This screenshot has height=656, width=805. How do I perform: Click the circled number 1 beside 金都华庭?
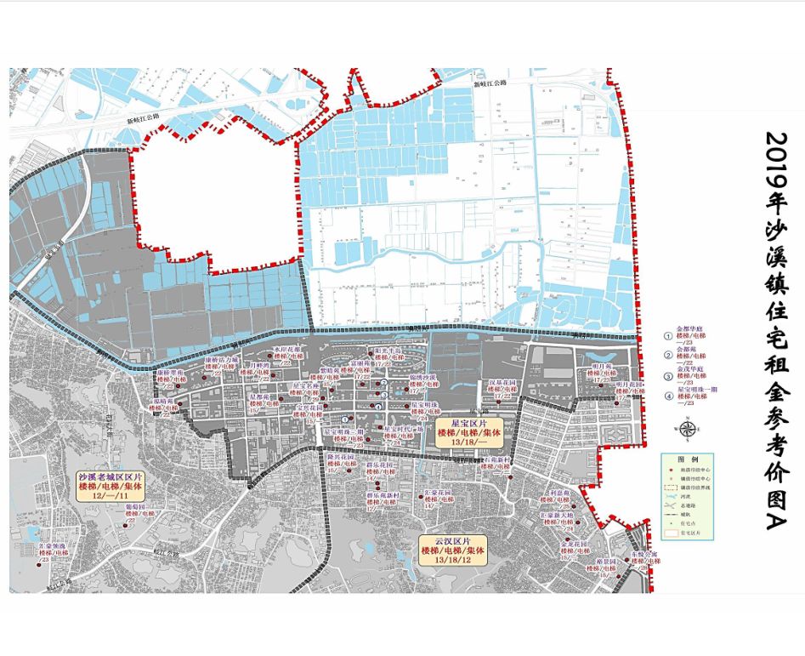coord(668,334)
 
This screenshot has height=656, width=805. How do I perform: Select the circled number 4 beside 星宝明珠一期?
coord(668,396)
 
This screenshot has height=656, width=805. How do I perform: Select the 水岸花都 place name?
coord(289,349)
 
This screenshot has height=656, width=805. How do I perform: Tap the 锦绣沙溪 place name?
coord(422,377)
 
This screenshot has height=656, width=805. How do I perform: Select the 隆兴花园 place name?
coord(339,457)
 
